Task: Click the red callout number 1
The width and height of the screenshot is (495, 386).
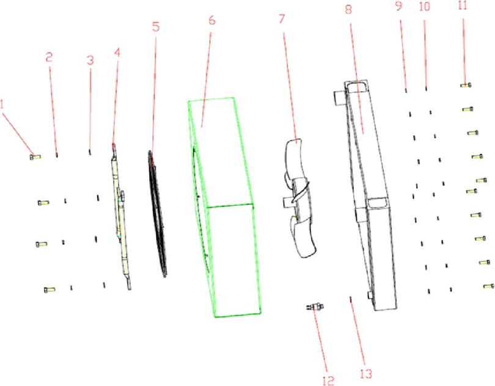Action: point(2,105)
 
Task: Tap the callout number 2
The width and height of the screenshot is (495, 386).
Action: point(49,58)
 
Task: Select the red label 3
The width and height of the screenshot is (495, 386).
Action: point(90,60)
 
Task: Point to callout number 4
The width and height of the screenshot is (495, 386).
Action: point(117,53)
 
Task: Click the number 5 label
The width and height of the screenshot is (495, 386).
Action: point(156,27)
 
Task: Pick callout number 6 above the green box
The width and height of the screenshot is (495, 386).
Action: point(212,20)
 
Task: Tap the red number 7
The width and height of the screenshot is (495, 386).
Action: point(281,19)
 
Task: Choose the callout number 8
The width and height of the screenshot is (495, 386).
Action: point(348,10)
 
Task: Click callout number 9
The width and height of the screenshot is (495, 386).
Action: point(399,6)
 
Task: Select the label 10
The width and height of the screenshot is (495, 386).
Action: point(425,6)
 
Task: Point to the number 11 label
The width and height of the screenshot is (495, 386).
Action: point(463,6)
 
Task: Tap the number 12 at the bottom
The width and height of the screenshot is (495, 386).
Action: point(328,380)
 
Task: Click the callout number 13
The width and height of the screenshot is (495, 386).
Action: point(366,374)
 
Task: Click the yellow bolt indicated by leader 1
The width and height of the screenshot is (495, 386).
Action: point(35,157)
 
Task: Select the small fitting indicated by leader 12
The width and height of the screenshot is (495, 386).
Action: point(315,306)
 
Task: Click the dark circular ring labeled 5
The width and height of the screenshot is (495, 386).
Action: point(157,214)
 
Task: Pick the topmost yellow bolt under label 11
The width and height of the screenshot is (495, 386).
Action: point(466,85)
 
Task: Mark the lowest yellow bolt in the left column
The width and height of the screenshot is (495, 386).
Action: point(50,289)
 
